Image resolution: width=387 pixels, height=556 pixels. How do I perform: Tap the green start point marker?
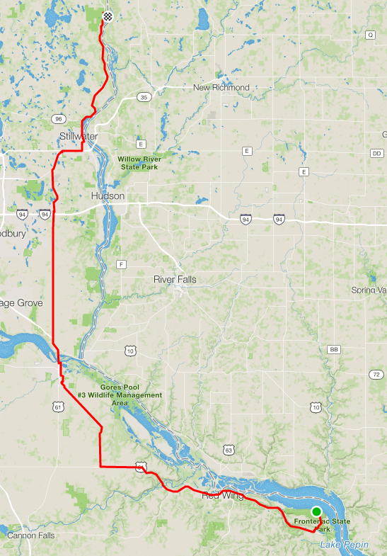pyautogui.click(x=316, y=511)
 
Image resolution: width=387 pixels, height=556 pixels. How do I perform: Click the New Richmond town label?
pyautogui.click(x=221, y=88)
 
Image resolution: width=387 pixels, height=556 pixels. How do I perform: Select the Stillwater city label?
pyautogui.click(x=79, y=136)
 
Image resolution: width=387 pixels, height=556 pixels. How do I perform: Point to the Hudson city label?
pyautogui.click(x=108, y=195)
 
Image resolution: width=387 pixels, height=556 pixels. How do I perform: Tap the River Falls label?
pyautogui.click(x=175, y=280)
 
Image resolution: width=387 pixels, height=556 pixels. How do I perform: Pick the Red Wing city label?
pyautogui.click(x=223, y=496)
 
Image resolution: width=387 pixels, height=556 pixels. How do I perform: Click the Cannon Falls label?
pyautogui.click(x=31, y=535)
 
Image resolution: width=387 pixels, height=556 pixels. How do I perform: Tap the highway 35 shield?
pyautogui.click(x=144, y=97)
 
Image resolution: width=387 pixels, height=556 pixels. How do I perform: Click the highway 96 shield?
pyautogui.click(x=58, y=118)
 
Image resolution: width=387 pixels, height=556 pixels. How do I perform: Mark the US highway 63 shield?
pyautogui.click(x=229, y=450)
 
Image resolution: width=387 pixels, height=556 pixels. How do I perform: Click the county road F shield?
pyautogui.click(x=121, y=264)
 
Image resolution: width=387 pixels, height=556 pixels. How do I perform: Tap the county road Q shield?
pyautogui.click(x=370, y=35)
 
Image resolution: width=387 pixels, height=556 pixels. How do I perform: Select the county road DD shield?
pyautogui.click(x=376, y=153)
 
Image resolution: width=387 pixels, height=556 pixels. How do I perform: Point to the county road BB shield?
pyautogui.click(x=335, y=350)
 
